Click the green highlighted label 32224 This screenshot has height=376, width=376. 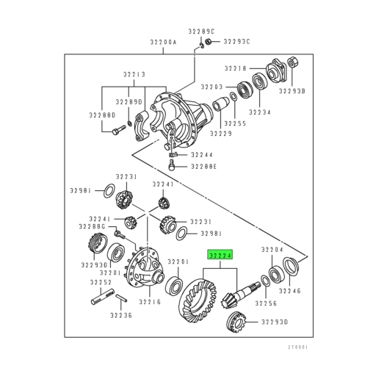(x=220, y=256)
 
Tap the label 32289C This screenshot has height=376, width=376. (x=200, y=31)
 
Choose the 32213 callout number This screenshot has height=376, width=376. (x=134, y=75)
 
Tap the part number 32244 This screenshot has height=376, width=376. (x=203, y=155)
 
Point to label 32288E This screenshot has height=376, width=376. (x=205, y=167)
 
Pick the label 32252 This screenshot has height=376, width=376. (x=101, y=282)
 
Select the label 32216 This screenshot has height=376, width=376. (x=150, y=302)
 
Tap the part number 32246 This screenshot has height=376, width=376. (x=289, y=291)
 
